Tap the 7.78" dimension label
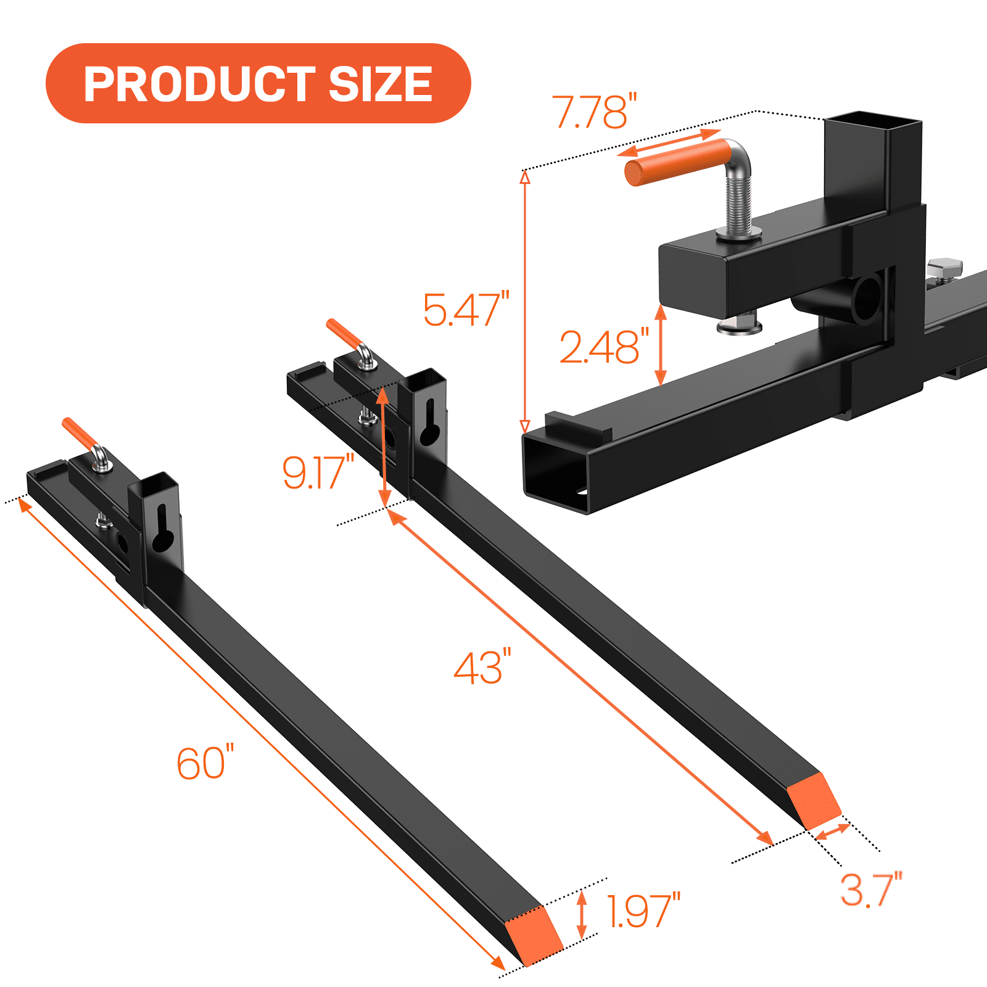click(594, 112)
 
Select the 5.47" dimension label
click(466, 310)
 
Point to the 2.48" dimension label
click(604, 347)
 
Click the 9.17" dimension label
click(318, 473)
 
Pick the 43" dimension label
click(482, 667)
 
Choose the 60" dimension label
click(205, 764)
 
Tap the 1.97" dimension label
click(643, 911)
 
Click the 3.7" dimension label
click(870, 890)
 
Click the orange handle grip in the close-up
click(675, 162)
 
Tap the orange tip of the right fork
click(814, 799)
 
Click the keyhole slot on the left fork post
click(162, 529)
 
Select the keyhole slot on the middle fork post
click(430, 423)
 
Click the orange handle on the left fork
click(79, 433)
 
